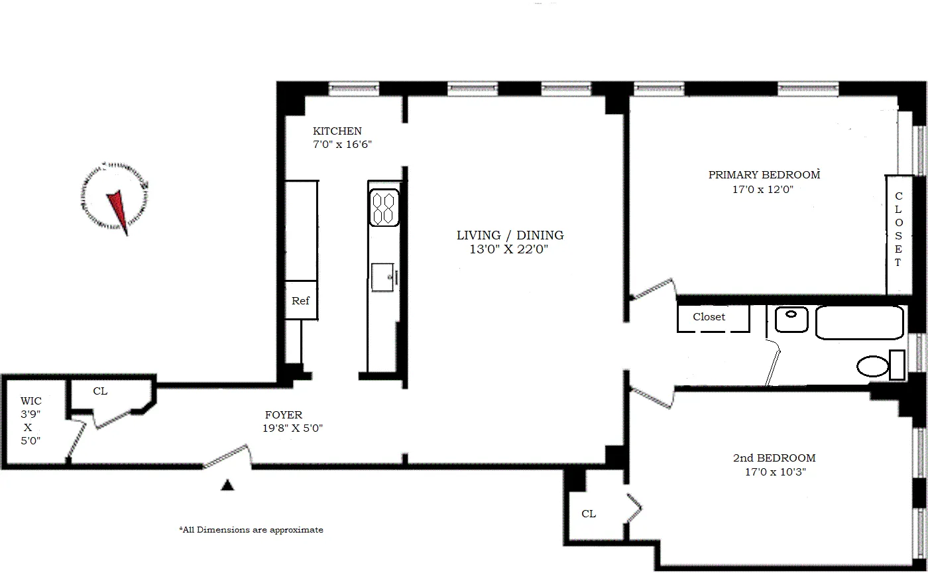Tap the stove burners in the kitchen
click(x=384, y=208)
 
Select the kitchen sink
click(x=384, y=277)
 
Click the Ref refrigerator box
click(x=301, y=300)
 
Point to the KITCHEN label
click(x=337, y=131)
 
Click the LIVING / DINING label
click(x=510, y=235)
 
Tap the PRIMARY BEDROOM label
click(x=764, y=175)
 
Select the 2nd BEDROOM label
click(x=774, y=458)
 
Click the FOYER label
click(x=283, y=415)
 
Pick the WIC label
click(x=30, y=401)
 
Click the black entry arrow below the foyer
click(x=227, y=485)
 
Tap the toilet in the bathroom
click(x=873, y=366)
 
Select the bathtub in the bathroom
click(x=860, y=323)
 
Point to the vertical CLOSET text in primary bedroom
click(x=898, y=229)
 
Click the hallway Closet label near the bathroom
click(x=709, y=317)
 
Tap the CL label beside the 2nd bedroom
click(x=588, y=514)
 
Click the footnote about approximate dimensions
click(x=251, y=530)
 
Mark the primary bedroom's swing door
click(x=652, y=289)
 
